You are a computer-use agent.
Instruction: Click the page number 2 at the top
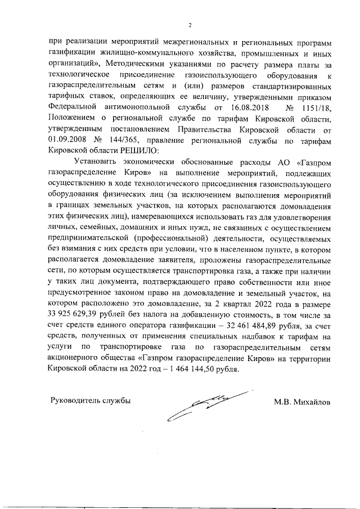(x=190, y=24)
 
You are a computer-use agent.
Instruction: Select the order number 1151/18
(x=314, y=106)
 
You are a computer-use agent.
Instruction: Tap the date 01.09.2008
(x=68, y=140)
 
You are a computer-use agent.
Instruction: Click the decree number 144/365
(x=120, y=140)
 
